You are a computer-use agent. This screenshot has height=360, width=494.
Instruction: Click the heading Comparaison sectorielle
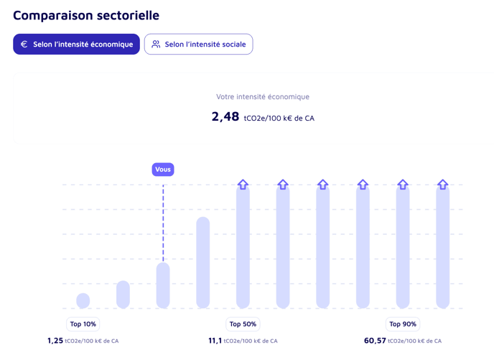(x=86, y=15)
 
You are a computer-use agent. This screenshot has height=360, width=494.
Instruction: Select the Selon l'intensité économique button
(x=76, y=44)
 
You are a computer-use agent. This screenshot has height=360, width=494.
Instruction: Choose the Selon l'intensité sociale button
(x=198, y=44)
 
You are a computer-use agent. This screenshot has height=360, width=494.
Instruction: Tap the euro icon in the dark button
(x=24, y=44)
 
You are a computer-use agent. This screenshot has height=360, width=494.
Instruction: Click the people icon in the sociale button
(x=156, y=44)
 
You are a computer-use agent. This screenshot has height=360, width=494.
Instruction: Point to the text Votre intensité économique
(x=263, y=96)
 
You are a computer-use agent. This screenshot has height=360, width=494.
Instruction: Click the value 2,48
(x=225, y=116)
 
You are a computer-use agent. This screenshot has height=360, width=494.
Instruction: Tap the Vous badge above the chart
(x=163, y=170)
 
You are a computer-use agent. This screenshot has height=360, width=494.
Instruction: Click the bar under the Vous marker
(x=163, y=285)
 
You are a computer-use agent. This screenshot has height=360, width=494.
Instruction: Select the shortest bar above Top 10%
(x=83, y=300)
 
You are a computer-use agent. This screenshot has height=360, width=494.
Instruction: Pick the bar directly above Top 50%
(x=243, y=248)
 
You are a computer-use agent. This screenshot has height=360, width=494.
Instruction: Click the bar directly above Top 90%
(x=403, y=248)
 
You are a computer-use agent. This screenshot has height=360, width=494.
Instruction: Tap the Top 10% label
(x=83, y=324)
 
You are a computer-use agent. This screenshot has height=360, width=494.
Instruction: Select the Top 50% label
(x=243, y=324)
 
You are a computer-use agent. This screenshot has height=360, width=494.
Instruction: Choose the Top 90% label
(x=403, y=324)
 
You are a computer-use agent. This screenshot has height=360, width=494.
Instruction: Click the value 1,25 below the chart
(x=55, y=341)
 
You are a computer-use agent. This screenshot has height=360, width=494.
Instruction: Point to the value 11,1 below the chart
(x=215, y=341)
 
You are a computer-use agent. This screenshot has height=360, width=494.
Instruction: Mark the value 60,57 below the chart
(x=375, y=341)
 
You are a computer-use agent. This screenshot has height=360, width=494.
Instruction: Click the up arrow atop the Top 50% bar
(x=243, y=185)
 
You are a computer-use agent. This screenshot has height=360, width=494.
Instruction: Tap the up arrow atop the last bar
(x=443, y=185)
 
